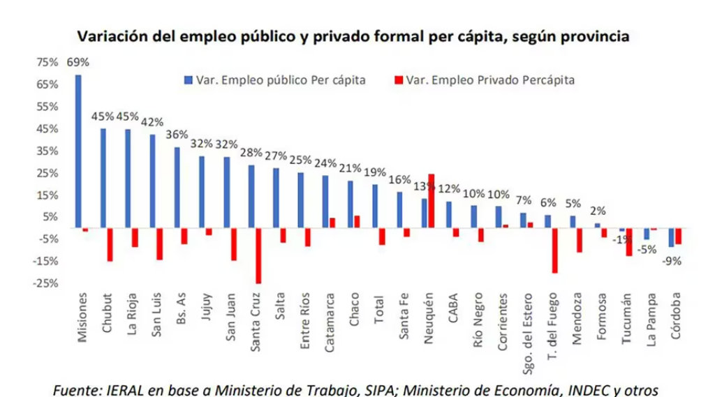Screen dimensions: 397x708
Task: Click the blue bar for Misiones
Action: [78, 151]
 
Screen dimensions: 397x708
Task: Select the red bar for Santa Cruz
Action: [259, 255]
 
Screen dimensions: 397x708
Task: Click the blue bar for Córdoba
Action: [672, 237]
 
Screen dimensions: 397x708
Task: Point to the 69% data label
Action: [78, 61]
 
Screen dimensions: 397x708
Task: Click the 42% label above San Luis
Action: [154, 121]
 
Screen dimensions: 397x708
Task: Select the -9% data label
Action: [672, 262]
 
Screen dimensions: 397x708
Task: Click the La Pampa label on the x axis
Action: [651, 327]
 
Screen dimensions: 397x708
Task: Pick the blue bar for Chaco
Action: [351, 204]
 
